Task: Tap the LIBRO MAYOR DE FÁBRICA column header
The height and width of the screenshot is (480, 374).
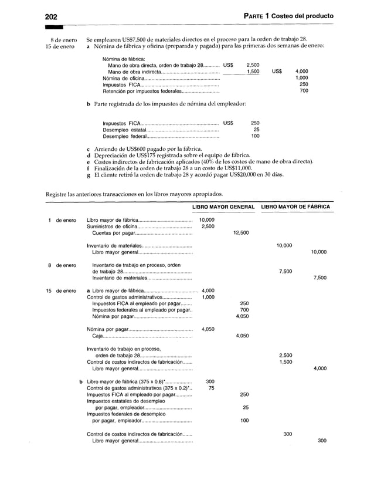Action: pos(295,207)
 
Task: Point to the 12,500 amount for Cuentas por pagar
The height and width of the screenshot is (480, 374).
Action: pos(241,233)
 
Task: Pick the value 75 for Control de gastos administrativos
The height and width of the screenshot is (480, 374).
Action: pos(211,388)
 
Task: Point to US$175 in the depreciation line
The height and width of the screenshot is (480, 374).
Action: pos(145,155)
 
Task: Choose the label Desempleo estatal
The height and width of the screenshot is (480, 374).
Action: pos(122,130)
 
